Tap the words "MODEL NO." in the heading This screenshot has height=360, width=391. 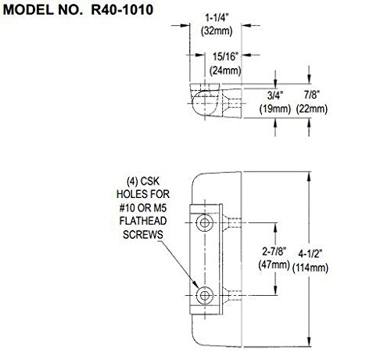click(x=36, y=13)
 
